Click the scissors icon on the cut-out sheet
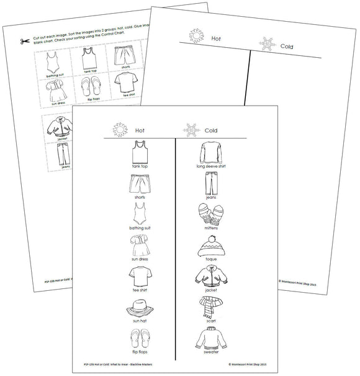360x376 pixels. pyautogui.click(x=24, y=42)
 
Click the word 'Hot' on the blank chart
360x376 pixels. pyautogui.click(x=217, y=38)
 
